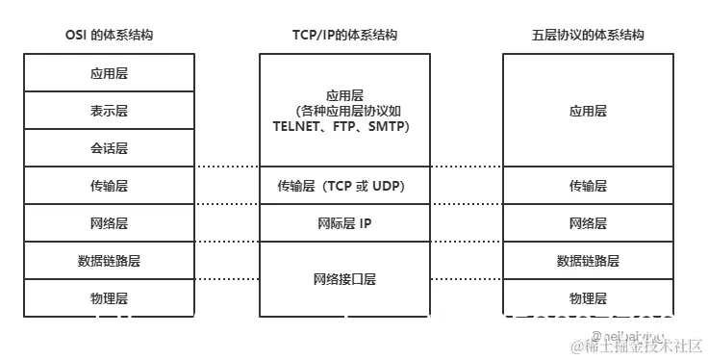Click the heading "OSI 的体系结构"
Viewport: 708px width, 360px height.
point(109,35)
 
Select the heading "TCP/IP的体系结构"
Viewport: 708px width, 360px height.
point(344,35)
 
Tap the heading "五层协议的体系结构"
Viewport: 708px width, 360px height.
point(588,35)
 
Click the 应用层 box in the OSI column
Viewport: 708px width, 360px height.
point(109,73)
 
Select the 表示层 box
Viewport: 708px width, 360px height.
point(109,111)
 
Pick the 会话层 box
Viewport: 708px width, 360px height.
point(109,148)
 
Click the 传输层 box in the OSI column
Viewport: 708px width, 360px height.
point(109,186)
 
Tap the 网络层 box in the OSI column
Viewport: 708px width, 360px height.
point(109,223)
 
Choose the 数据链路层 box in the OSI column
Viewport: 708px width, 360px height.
point(109,261)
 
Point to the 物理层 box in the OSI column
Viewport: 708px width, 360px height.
point(109,297)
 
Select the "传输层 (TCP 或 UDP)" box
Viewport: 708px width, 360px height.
point(344,186)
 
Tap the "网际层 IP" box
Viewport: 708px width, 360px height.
point(344,223)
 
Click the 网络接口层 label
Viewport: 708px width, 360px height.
point(344,279)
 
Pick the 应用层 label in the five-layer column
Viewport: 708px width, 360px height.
point(588,111)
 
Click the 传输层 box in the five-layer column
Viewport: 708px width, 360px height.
point(588,186)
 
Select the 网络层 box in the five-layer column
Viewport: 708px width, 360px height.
point(588,223)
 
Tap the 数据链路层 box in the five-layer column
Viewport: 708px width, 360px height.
point(588,261)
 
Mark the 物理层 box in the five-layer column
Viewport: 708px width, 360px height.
point(588,297)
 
